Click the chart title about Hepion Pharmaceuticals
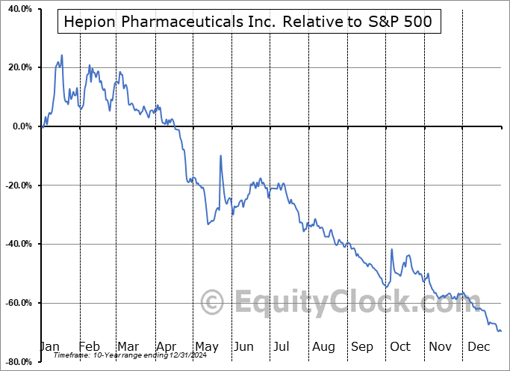pyautogui.click(x=248, y=22)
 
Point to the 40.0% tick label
pyautogui.click(x=17, y=9)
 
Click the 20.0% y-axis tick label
pyautogui.click(x=17, y=68)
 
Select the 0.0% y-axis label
pyautogui.click(x=19, y=126)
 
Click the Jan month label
pyautogui.click(x=49, y=346)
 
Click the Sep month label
pyautogui.click(x=362, y=346)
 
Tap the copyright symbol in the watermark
pyautogui.click(x=213, y=303)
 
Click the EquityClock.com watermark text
pyautogui.click(x=332, y=303)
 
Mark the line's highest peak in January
pyautogui.click(x=62, y=55)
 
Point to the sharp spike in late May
pyautogui.click(x=220, y=156)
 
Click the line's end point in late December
pyautogui.click(x=500, y=331)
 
